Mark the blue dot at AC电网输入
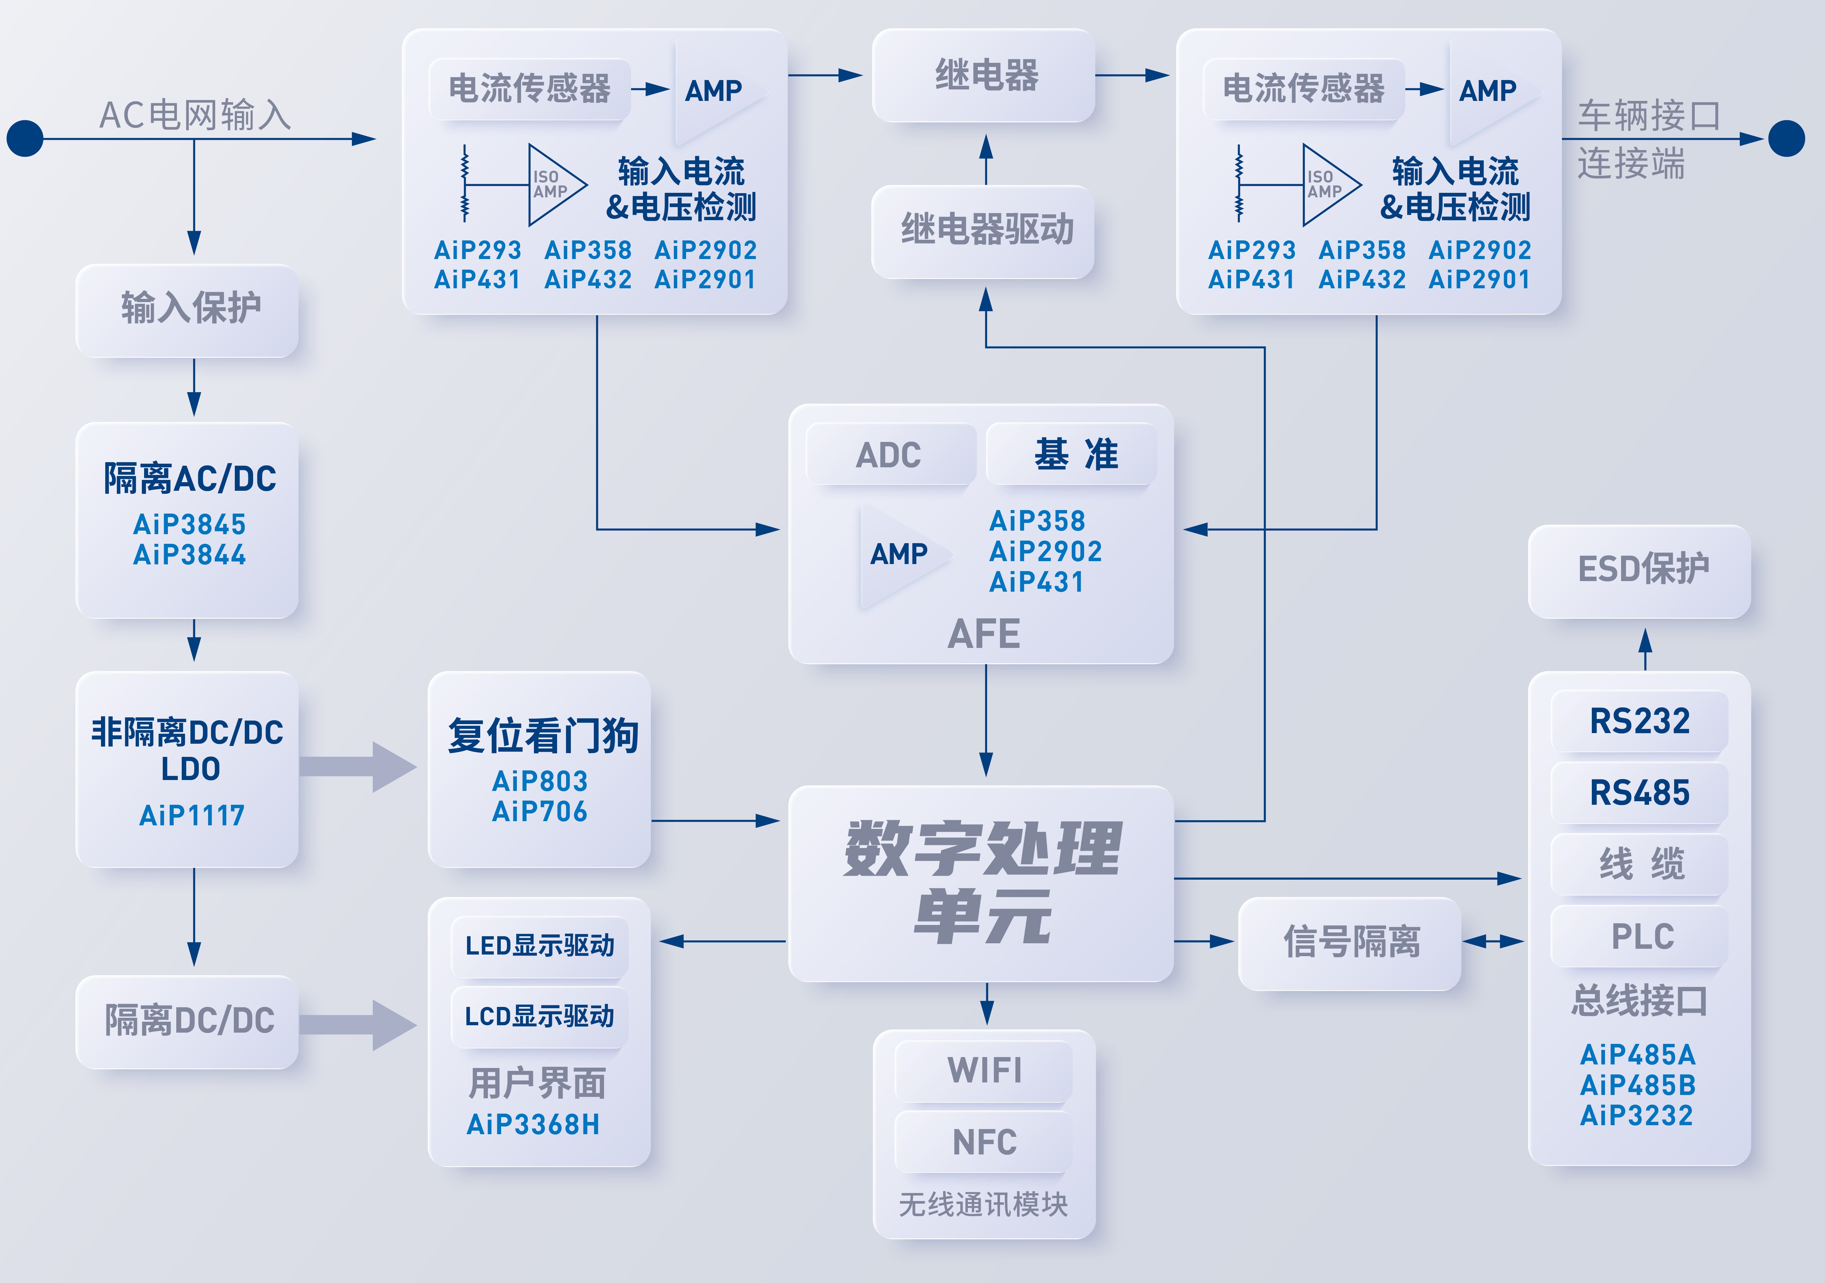(x=25, y=139)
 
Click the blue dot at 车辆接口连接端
(x=1787, y=139)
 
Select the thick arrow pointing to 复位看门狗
(x=358, y=767)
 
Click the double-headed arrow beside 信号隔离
(x=1493, y=942)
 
